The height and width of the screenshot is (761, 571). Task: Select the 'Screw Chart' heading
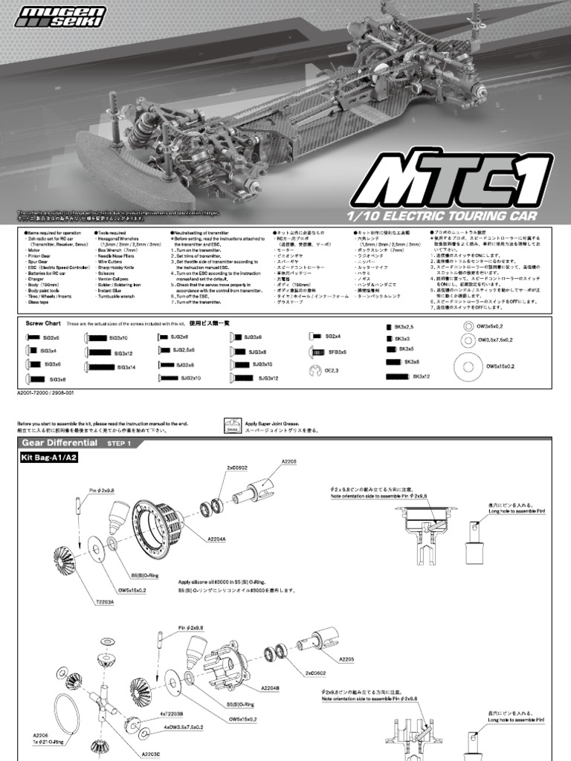point(42,323)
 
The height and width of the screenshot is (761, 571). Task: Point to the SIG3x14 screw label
point(125,367)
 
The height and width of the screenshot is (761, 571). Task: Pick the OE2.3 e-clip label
point(331,370)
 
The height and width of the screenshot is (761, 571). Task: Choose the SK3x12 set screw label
point(422,377)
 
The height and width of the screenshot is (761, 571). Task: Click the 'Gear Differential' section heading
point(59,442)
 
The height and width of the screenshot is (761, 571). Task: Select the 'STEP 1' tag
point(119,443)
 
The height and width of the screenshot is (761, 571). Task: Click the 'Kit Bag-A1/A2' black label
point(49,459)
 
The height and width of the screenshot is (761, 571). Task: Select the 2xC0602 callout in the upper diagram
point(238,468)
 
